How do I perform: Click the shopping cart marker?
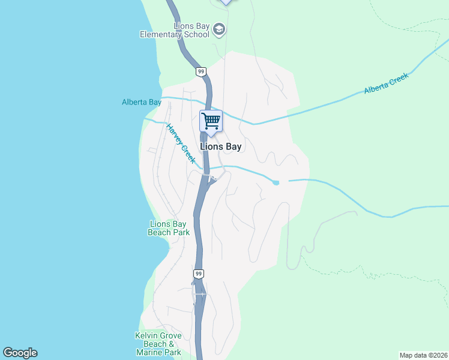coord(211,121)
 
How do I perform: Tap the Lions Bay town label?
coord(220,146)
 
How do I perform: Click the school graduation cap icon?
coord(219,29)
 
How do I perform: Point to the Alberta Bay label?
coord(142,102)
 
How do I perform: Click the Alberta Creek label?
coord(386,83)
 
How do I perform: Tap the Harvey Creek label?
coord(181,144)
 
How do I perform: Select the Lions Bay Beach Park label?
coord(169,228)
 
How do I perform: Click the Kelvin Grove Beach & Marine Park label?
coord(158,344)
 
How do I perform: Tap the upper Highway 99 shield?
coord(200,72)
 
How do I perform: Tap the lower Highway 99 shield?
coord(199,274)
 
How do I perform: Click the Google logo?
coord(20,353)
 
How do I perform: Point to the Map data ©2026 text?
coord(423,355)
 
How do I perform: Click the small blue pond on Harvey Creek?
coord(276,182)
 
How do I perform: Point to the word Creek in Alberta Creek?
coord(398,79)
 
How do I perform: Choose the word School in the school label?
coord(197,34)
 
